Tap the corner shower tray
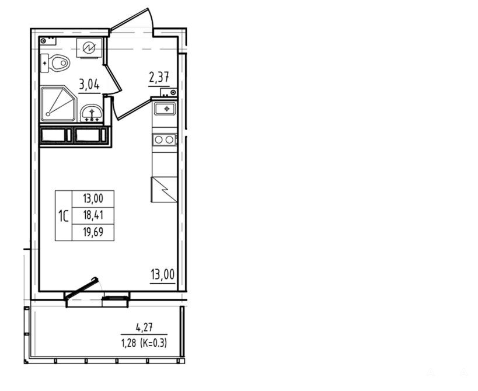58,103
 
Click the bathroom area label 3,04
89,84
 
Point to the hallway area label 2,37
159,77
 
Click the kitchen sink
165,109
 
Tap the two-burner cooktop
165,140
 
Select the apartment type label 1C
64,216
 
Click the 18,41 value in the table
93,215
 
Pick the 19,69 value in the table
93,232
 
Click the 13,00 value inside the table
93,198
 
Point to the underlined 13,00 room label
163,275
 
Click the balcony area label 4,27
144,328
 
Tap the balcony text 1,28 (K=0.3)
144,344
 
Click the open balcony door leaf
82,288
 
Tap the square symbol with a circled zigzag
89,47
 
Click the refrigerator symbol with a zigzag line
164,189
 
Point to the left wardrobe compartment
56,135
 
